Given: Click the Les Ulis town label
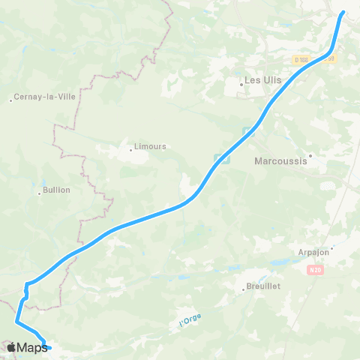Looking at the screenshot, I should tap(262, 78).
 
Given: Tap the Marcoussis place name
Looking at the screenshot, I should tap(281, 160).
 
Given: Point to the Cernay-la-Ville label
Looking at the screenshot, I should tap(42, 97).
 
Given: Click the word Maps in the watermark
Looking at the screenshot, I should tap(32, 347).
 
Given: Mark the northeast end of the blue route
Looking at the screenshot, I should tap(343, 13).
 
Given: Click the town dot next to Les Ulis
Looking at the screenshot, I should tap(241, 84).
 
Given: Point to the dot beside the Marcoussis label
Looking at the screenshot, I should tap(309, 156).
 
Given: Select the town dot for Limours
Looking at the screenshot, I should tap(130, 150).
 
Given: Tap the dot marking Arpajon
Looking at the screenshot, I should tap(332, 247).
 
